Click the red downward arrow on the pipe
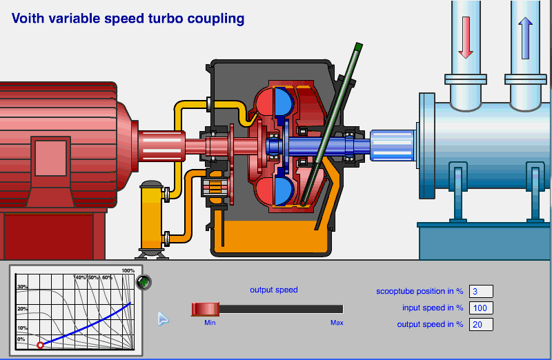(x=465, y=37)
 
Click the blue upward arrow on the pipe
(x=525, y=37)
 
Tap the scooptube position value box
(x=481, y=291)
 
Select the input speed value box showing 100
(x=481, y=308)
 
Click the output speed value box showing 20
(x=481, y=324)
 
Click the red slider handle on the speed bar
(x=205, y=309)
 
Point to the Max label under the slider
(x=337, y=323)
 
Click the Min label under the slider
(x=210, y=323)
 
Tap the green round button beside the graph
(x=144, y=281)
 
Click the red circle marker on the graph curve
(x=40, y=344)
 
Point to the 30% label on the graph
(x=22, y=287)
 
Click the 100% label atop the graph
(x=128, y=270)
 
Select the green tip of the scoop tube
(x=357, y=48)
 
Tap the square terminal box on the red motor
(x=50, y=159)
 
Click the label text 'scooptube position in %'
(x=420, y=292)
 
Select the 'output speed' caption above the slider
(x=274, y=290)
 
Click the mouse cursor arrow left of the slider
(x=163, y=319)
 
